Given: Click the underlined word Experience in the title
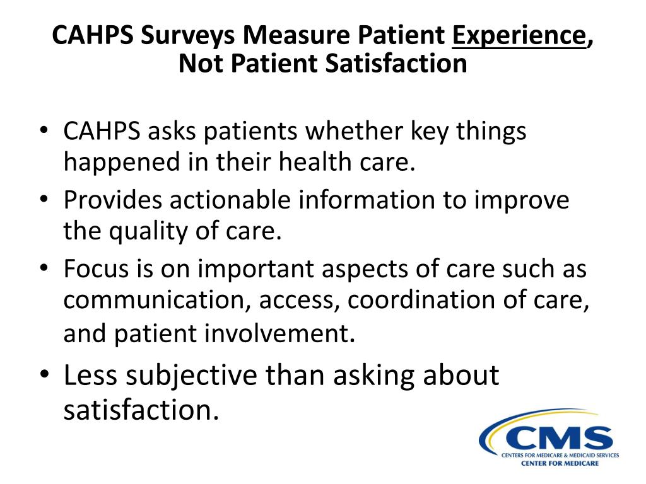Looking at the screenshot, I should [519, 36].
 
